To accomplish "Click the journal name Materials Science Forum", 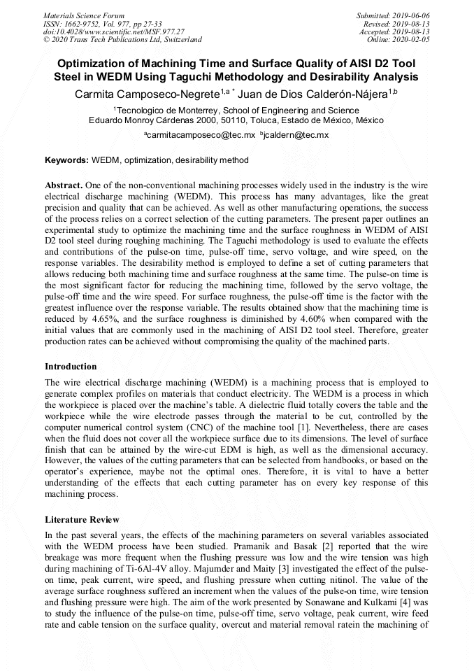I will pyautogui.click(x=84, y=15).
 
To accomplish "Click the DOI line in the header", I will pyautogui.click(x=114, y=31).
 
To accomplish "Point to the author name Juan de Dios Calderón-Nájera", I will pyautogui.click(x=313, y=93).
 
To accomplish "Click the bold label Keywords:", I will pyautogui.click(x=66, y=160).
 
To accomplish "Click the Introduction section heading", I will pyautogui.click(x=71, y=367).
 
